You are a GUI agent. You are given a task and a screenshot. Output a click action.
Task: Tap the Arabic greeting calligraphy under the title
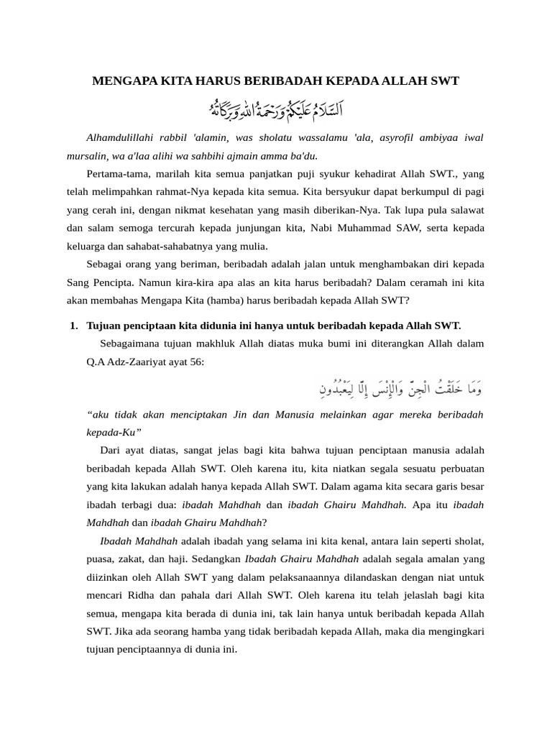coord(276,110)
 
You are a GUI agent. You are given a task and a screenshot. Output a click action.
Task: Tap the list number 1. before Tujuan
coord(75,326)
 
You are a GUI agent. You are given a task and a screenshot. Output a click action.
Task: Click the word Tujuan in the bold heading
coord(104,326)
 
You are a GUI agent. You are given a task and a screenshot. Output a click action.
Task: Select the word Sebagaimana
coord(130,344)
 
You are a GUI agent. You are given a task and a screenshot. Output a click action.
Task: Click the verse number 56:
coord(195,362)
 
